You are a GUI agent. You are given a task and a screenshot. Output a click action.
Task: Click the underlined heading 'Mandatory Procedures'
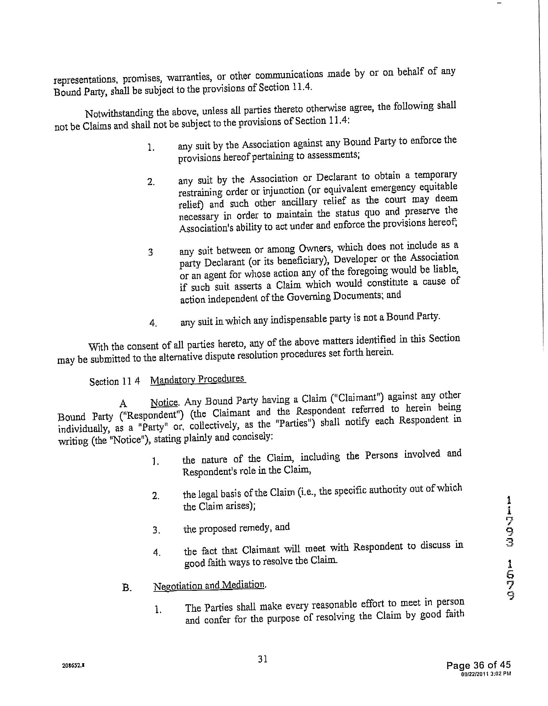click(198, 379)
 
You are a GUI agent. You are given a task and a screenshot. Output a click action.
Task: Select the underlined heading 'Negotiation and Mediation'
click(209, 585)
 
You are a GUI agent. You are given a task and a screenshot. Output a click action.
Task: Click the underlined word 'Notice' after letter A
click(164, 402)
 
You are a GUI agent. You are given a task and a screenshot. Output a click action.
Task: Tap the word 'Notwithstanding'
click(119, 113)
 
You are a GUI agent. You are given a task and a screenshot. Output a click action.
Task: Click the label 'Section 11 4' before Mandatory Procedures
click(115, 382)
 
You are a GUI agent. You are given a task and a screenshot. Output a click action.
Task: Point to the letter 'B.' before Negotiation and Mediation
click(127, 588)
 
